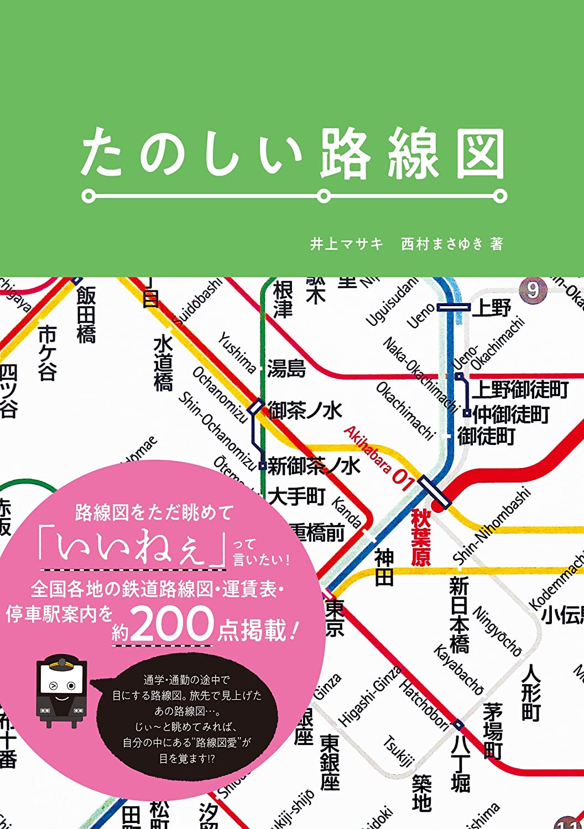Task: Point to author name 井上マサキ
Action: [x=346, y=244]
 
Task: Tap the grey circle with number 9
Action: [x=533, y=290]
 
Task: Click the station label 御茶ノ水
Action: [x=305, y=411]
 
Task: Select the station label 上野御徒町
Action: [x=520, y=390]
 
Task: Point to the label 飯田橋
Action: [x=86, y=315]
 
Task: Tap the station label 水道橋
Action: [x=163, y=364]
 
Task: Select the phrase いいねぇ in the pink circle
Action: [x=131, y=548]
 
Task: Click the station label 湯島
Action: [x=286, y=368]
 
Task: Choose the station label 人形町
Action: [x=531, y=693]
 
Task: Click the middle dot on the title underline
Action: [x=324, y=196]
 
